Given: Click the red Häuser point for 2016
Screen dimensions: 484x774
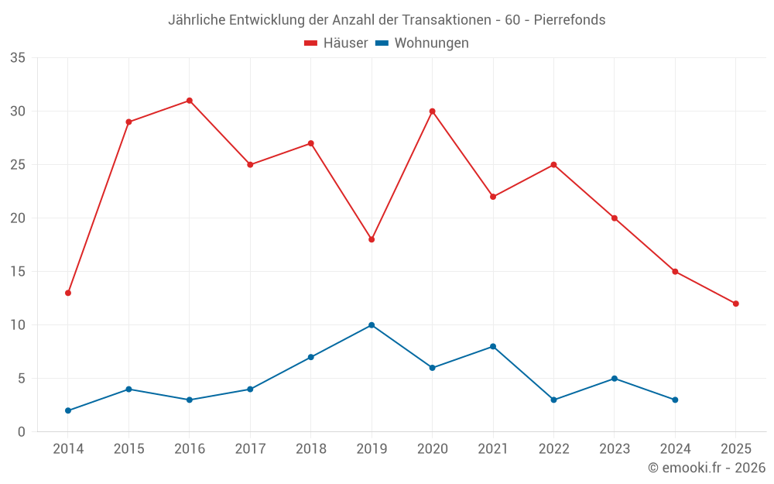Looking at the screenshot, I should tap(190, 101).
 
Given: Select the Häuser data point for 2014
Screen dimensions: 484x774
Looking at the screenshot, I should tap(68, 293).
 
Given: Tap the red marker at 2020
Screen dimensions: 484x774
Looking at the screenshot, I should tap(432, 112).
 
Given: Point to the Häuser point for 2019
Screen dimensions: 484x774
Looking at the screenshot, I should tap(372, 239).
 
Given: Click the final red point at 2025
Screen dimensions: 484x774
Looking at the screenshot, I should tap(735, 304).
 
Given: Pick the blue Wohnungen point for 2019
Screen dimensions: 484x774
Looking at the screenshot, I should tap(372, 325).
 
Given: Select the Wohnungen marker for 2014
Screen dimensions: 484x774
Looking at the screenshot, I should tap(68, 410).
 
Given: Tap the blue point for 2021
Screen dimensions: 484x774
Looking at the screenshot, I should tap(493, 346).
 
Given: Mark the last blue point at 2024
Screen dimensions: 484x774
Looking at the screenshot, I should tap(675, 400).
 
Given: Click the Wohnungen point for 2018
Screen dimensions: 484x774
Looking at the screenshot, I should tap(311, 357).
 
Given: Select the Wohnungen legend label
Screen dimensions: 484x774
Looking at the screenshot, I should tap(431, 43).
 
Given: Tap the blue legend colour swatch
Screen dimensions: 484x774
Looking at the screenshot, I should tap(382, 43).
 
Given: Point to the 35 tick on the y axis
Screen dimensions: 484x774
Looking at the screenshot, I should tap(18, 58).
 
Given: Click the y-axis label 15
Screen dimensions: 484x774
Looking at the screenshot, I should tap(18, 272).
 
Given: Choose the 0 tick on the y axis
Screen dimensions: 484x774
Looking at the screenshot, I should tap(22, 432).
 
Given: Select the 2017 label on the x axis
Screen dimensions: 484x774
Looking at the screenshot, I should tap(250, 449).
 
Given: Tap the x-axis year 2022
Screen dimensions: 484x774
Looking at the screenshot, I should tap(553, 449).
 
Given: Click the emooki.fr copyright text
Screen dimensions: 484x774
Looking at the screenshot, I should tap(707, 468).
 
